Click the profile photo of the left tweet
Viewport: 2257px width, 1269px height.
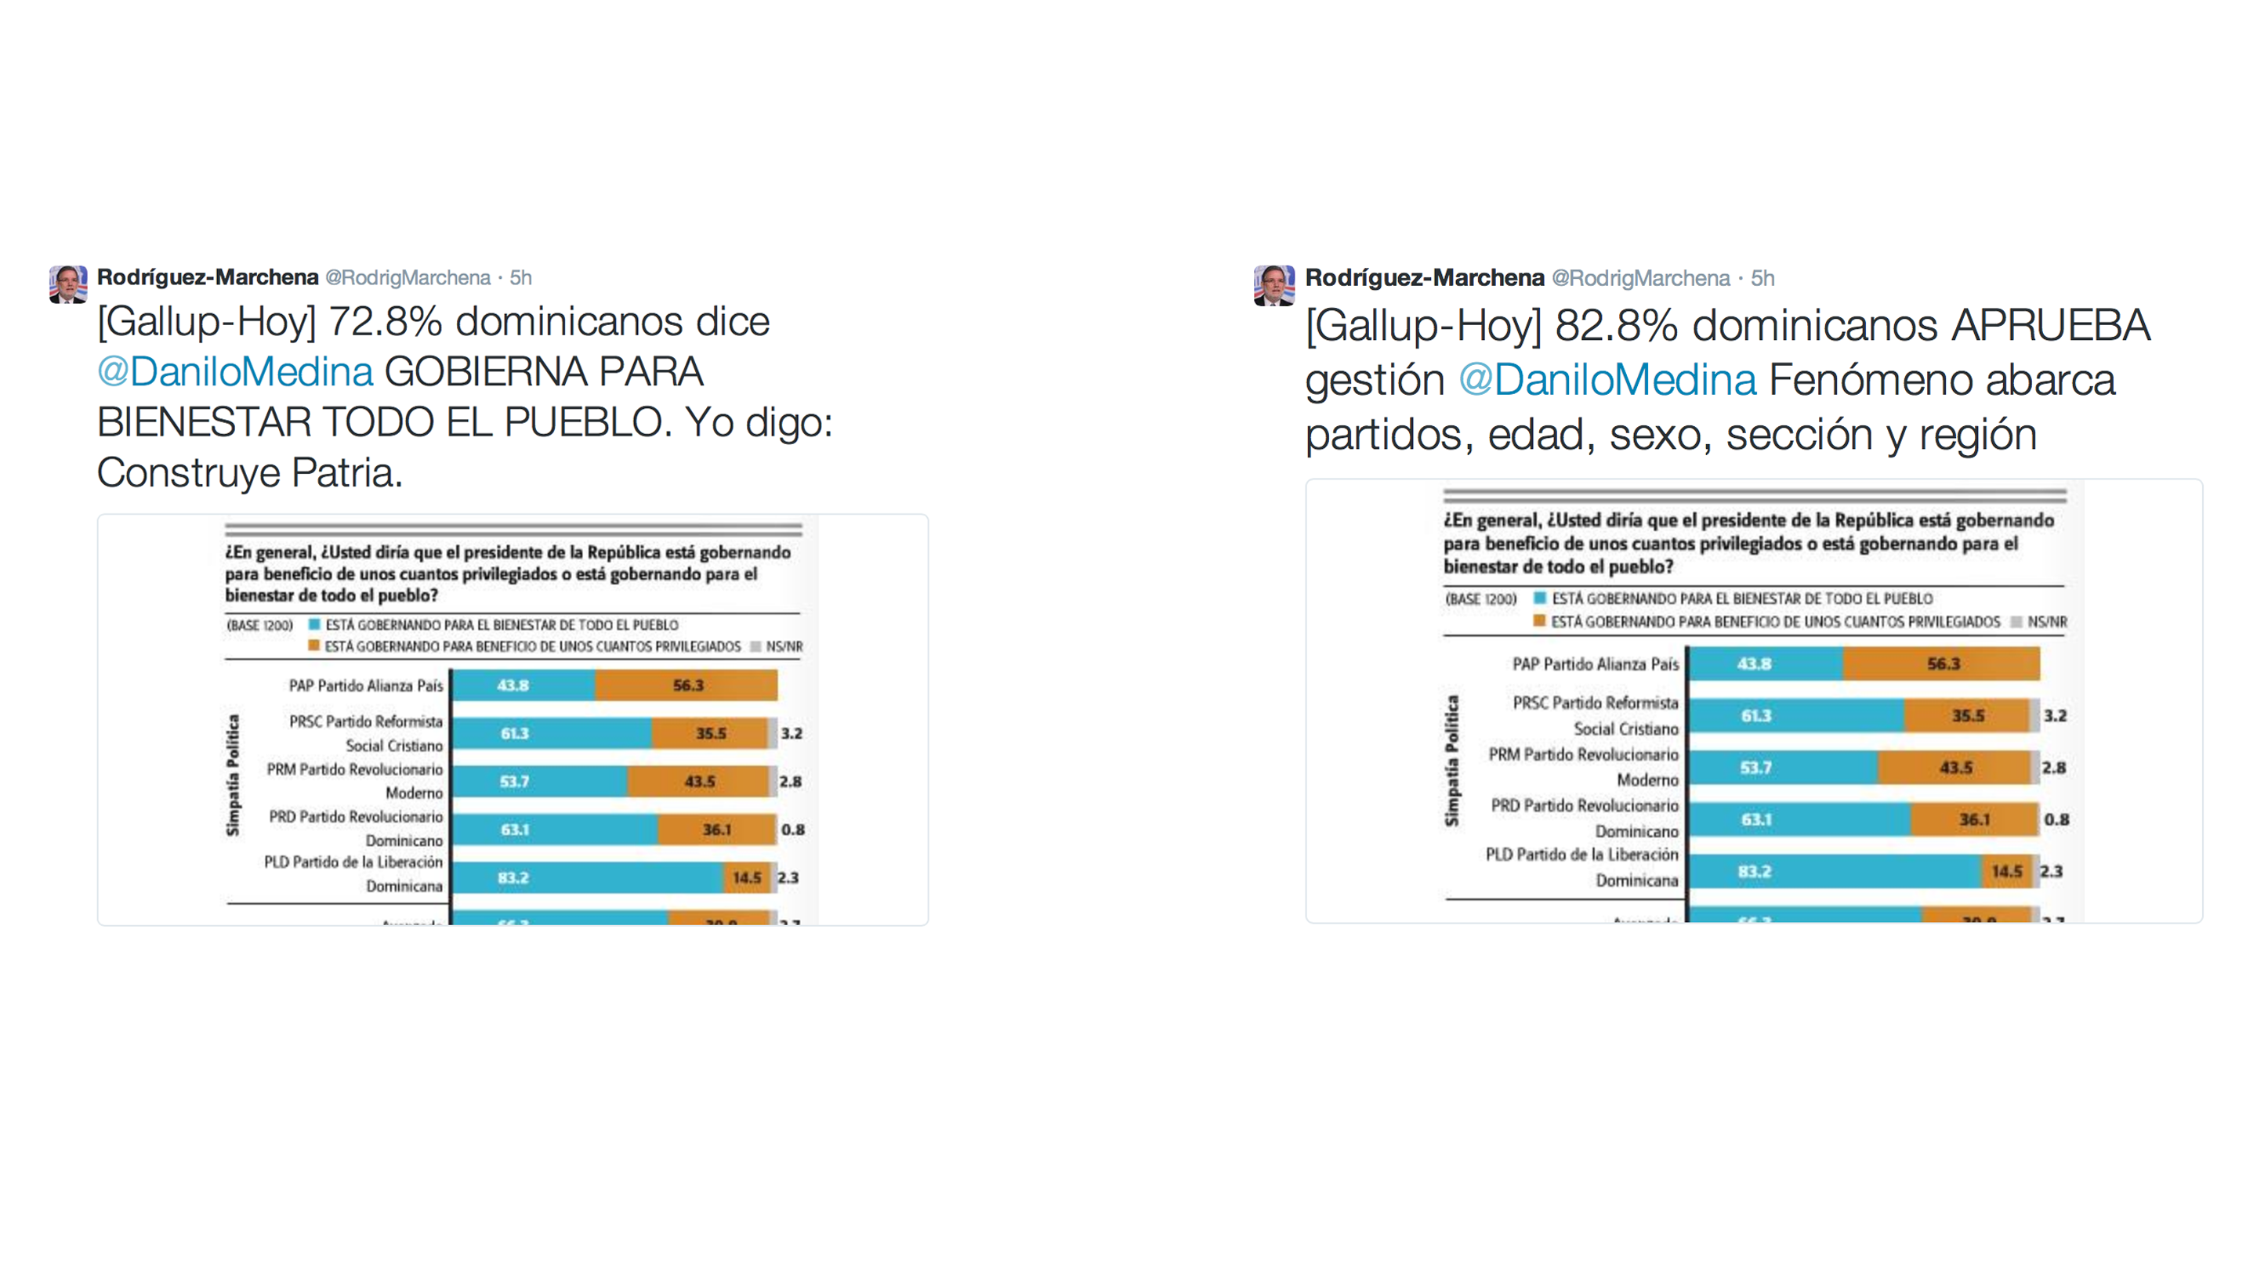coord(67,284)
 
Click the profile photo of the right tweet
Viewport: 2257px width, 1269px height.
coord(1273,285)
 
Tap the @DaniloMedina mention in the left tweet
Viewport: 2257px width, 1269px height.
coord(235,372)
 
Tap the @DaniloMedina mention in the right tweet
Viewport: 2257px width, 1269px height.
coord(1607,380)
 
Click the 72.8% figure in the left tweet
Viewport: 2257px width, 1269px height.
coord(386,321)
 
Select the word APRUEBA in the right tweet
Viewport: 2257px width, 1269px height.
coord(2050,326)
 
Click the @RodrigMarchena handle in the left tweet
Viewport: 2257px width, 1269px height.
coord(408,277)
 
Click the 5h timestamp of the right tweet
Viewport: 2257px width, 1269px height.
coord(1762,279)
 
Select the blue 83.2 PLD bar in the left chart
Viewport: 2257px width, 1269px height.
coord(587,877)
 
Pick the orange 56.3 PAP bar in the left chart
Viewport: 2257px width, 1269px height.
coord(686,685)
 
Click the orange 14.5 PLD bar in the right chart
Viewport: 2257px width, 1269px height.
coord(2005,871)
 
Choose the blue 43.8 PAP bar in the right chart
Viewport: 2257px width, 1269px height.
coord(1765,663)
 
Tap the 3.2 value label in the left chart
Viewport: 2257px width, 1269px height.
coord(792,733)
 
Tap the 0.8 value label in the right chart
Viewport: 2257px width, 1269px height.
coord(2056,819)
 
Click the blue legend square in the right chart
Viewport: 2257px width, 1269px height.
coord(1539,598)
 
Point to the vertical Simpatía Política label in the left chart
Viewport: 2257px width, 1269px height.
coord(233,775)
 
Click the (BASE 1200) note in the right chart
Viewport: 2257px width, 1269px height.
coord(1480,599)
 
